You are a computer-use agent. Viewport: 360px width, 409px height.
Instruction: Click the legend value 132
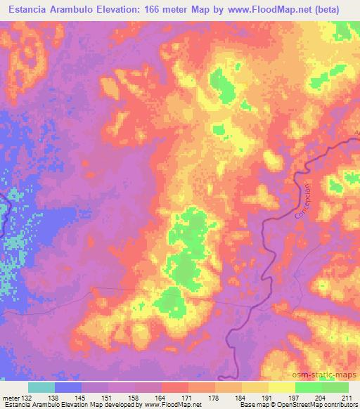pos(27,398)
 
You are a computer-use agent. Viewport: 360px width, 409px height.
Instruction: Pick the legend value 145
pos(82,398)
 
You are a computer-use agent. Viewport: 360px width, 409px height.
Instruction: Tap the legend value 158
pos(135,398)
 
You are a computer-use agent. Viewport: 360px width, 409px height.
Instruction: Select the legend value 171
pos(189,398)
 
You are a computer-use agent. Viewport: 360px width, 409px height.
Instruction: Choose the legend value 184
pos(243,398)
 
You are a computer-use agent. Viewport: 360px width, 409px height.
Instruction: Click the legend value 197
pos(296,398)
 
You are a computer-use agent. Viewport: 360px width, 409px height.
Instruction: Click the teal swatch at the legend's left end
pos(41,387)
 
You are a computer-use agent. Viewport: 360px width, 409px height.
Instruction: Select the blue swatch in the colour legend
pos(68,387)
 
